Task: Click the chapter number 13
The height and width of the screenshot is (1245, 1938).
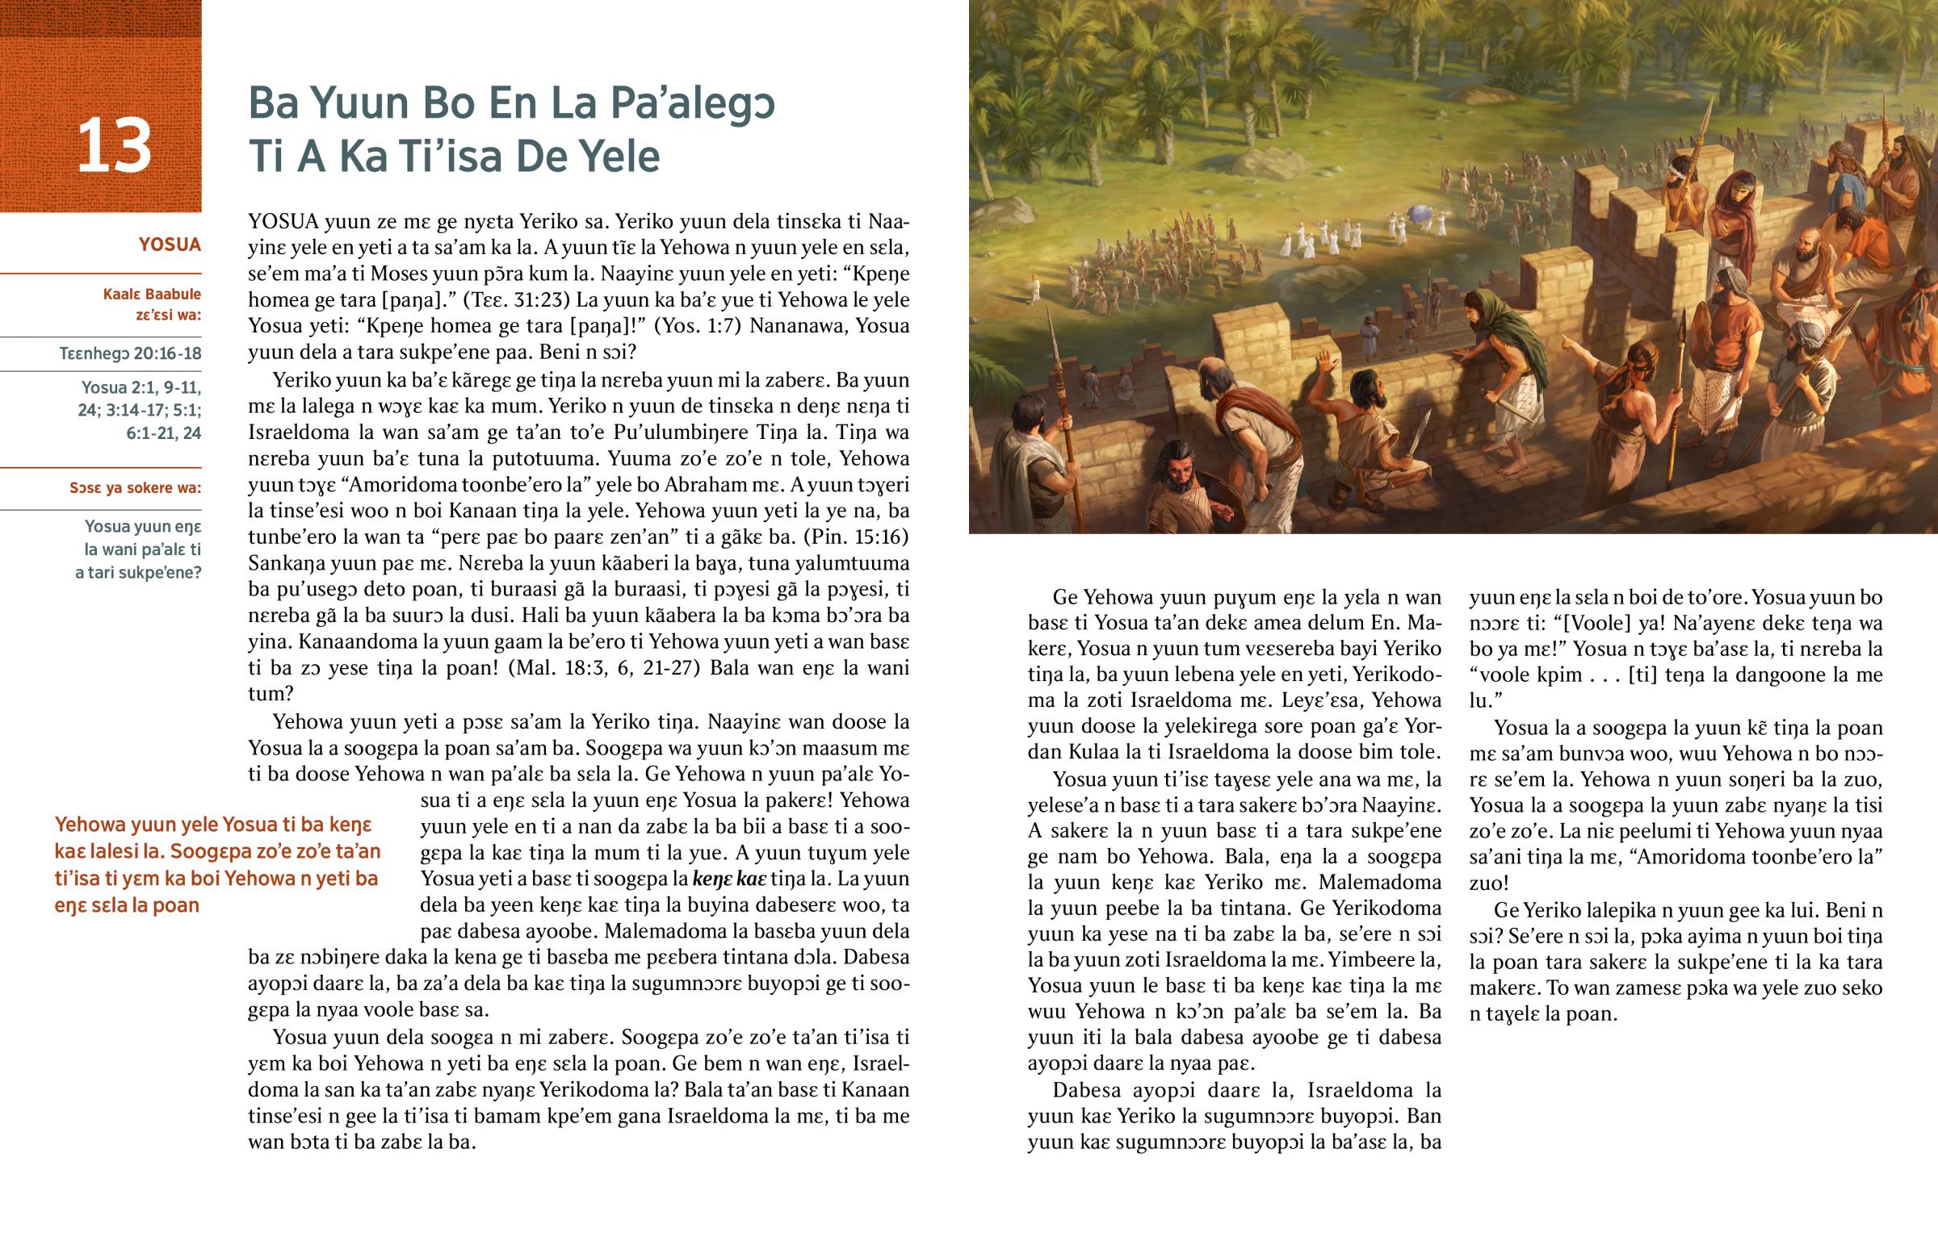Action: coord(114,145)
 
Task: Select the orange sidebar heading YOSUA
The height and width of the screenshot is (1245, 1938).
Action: coord(169,245)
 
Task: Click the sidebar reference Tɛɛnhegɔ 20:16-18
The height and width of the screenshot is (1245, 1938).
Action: coord(130,353)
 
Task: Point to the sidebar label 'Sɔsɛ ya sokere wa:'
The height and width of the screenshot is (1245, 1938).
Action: coord(135,487)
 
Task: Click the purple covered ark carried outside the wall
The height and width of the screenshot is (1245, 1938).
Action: coord(1422,214)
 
